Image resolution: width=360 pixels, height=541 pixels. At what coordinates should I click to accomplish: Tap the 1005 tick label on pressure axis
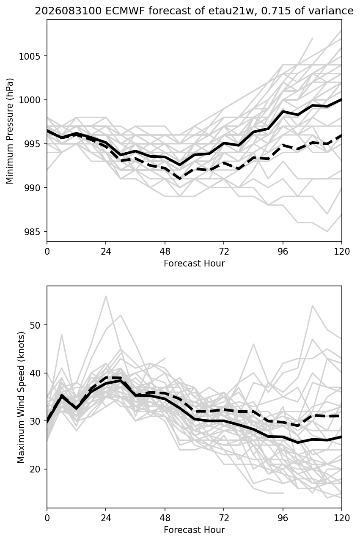pos(29,56)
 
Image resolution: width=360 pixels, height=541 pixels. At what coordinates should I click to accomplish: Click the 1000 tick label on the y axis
pos(29,100)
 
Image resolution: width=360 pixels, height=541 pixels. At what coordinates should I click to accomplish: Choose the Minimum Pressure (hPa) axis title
pos(9,131)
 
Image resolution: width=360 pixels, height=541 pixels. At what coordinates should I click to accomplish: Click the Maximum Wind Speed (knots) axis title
pos(21,397)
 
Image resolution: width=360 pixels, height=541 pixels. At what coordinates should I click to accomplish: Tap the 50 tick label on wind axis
pos(35,325)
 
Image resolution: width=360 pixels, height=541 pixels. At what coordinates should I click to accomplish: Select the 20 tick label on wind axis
pos(35,469)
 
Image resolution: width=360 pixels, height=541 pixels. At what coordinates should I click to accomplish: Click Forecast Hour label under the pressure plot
pos(194,263)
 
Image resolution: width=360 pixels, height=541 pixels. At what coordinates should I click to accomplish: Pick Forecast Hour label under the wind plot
pos(194,530)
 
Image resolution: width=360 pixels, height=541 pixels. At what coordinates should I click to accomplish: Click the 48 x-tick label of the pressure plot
pos(165,252)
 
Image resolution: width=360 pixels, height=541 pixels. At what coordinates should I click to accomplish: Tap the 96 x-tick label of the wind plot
pos(283,518)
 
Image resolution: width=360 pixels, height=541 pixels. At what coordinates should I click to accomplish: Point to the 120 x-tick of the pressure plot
pos(342,252)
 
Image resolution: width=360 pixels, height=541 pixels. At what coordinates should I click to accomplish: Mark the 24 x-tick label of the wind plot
pos(106,518)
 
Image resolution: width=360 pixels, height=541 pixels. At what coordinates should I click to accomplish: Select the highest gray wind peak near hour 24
pos(106,296)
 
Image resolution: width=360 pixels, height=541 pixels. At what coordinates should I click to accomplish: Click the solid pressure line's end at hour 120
pos(341,99)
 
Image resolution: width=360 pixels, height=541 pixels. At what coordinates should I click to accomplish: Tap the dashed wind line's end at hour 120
pos(341,416)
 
